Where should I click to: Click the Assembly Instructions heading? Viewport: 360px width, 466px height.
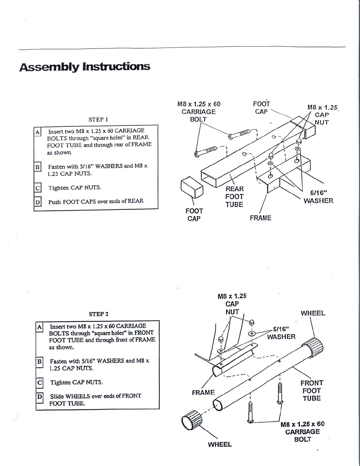tap(85, 67)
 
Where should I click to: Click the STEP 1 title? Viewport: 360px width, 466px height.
tap(98, 120)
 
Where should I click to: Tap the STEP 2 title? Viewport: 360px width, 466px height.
tap(99, 314)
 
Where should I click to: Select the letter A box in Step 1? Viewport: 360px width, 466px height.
tap(38, 132)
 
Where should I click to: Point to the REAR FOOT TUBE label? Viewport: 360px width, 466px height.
tap(234, 197)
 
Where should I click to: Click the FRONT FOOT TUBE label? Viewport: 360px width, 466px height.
tap(312, 391)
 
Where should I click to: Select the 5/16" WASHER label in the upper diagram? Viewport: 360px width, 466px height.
tap(319, 197)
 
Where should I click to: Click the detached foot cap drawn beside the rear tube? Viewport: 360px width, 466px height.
tap(192, 187)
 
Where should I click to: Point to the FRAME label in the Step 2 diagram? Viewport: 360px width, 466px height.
tap(203, 392)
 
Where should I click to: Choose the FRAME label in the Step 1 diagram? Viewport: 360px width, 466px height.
tap(260, 218)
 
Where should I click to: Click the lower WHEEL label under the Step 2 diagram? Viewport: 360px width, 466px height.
tap(220, 445)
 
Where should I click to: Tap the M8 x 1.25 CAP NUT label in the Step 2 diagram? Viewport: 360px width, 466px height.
tap(232, 304)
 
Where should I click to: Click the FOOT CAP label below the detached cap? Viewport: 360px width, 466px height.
tap(194, 215)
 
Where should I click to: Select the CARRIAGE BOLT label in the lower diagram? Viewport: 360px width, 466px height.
tap(303, 432)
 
